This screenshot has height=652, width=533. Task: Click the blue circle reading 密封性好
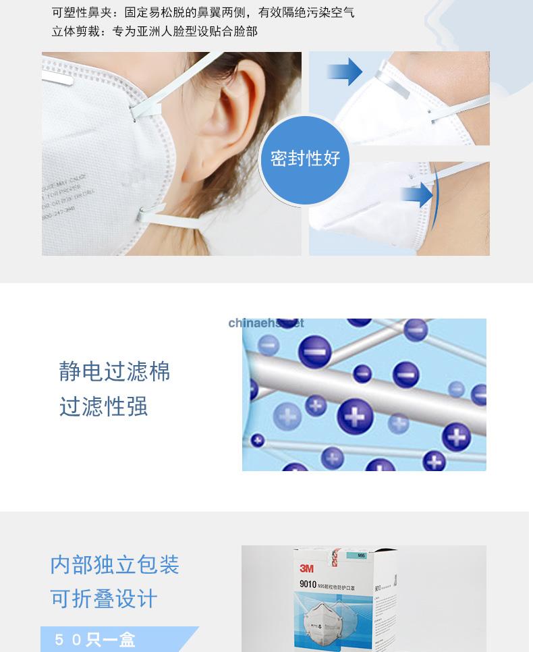pos(305,159)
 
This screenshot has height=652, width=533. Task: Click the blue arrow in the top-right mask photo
pos(345,71)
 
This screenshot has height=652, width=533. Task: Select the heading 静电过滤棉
pos(115,372)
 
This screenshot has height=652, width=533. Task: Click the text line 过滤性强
pos(103,407)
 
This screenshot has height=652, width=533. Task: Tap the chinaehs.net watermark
pos(266,323)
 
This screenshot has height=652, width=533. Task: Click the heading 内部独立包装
pos(115,564)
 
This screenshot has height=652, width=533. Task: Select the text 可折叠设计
pos(103,599)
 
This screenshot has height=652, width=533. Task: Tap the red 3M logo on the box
pos(306,568)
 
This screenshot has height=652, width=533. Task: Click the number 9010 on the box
pos(308,586)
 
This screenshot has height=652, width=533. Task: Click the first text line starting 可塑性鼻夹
pos(202,13)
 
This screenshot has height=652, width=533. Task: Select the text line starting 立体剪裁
pos(155,31)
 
